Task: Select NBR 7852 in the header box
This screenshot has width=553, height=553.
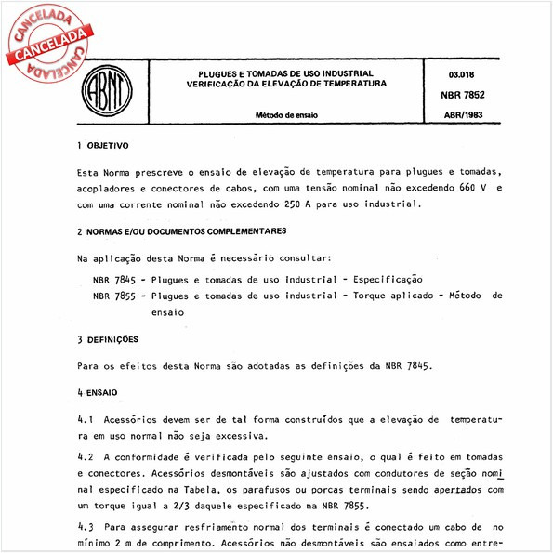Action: pyautogui.click(x=465, y=94)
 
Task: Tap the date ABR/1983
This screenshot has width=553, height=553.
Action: pyautogui.click(x=464, y=115)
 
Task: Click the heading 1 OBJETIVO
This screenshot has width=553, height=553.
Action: pyautogui.click(x=103, y=147)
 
